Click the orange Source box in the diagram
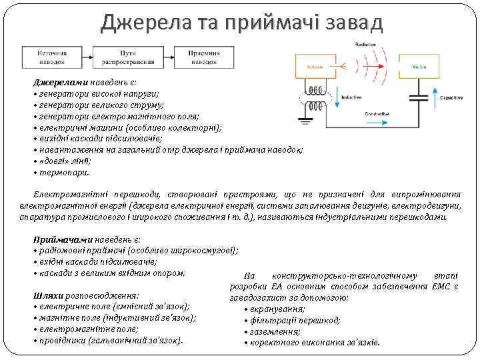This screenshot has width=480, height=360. (317, 67)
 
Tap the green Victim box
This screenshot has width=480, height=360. (419, 67)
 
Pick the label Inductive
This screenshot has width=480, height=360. (351, 98)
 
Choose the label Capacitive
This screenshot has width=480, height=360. (451, 98)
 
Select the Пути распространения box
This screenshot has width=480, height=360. (128, 56)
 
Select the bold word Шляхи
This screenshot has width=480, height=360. (45, 295)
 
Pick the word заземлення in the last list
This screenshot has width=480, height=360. (274, 331)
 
